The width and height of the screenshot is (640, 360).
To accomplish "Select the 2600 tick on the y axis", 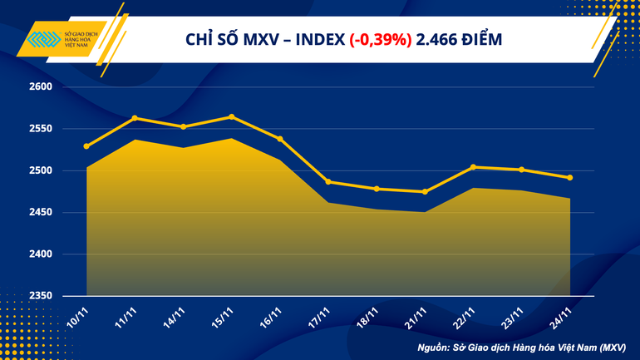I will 41,87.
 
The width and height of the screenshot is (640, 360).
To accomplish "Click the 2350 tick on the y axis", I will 41,296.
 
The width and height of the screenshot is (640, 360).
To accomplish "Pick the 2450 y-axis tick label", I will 41,213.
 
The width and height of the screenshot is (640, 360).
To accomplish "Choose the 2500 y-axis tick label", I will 41,170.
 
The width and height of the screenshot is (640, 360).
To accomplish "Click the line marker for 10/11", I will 86,146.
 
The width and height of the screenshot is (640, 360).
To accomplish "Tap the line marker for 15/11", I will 231,116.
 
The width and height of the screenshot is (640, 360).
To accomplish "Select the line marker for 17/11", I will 328,181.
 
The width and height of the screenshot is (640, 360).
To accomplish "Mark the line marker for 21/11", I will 425,192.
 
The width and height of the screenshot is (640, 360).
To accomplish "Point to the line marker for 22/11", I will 473,167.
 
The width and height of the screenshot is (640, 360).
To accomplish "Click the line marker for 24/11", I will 569,177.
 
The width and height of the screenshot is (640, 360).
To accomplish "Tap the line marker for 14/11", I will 183,126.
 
